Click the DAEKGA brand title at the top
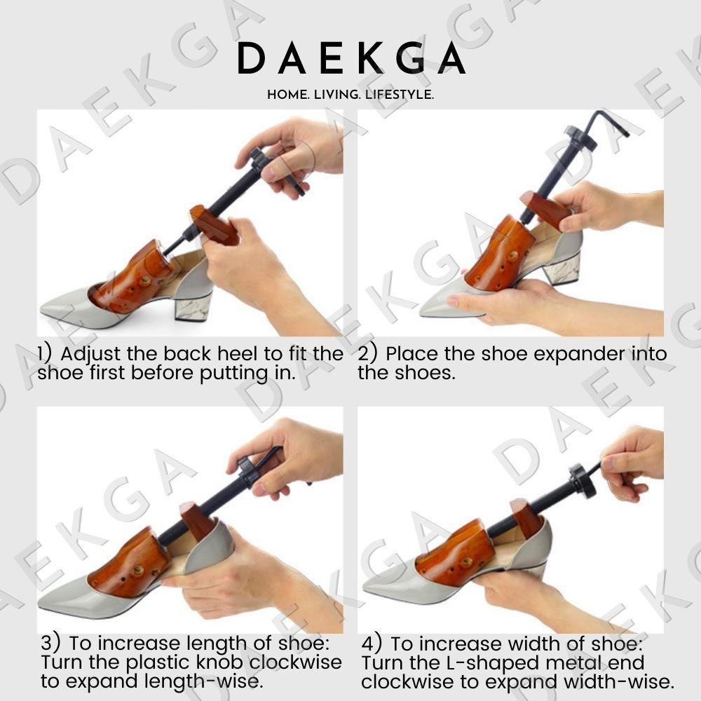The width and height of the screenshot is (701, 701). [x=351, y=58]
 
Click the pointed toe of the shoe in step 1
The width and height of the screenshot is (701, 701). [x=41, y=308]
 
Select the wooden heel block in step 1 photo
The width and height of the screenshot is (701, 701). [x=214, y=225]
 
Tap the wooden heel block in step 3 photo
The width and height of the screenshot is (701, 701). [x=197, y=520]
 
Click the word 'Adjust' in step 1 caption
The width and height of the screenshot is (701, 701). [x=90, y=355]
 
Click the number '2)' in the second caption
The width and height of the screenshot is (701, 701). [x=368, y=353]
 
